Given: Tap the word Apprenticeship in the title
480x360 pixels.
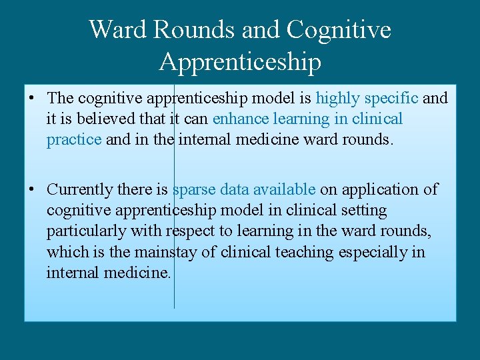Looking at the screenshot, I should tap(240, 62).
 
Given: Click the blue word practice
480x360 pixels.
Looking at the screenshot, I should tap(74, 140).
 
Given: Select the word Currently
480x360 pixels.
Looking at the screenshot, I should tap(80, 190).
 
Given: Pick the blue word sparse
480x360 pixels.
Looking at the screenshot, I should tap(194, 190).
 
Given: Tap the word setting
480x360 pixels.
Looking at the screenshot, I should tap(363, 211).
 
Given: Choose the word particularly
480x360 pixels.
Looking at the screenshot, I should tap(84, 231).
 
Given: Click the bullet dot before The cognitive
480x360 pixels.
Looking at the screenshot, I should tap(32, 99).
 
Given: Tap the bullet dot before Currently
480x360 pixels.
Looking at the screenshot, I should tap(32, 190).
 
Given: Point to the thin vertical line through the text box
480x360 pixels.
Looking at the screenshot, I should tap(174, 293).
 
